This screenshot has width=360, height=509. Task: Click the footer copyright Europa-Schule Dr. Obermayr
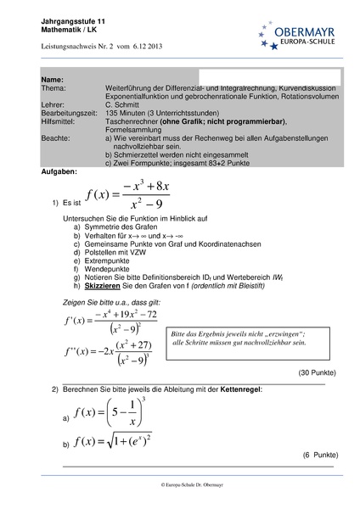coord(180,484)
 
